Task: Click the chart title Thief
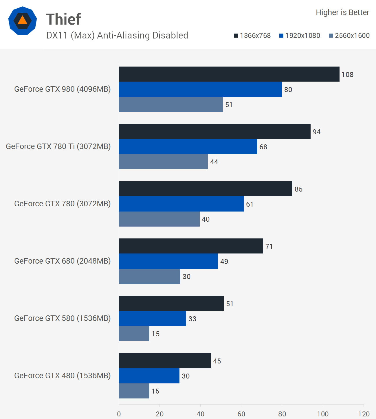tap(64, 19)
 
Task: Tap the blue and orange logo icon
tap(23, 21)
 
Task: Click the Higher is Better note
tap(342, 12)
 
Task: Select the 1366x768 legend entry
tap(252, 36)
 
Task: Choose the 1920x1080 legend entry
tap(300, 36)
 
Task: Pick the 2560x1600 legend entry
tap(349, 36)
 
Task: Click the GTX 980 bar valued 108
tap(229, 74)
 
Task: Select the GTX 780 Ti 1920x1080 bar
tap(188, 146)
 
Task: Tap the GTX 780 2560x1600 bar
tap(159, 219)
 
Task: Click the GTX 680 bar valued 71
tap(191, 246)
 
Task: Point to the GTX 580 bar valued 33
tap(152, 318)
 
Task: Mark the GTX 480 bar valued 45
tap(165, 361)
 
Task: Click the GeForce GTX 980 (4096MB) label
tap(63, 89)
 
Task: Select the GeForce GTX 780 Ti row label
tap(58, 146)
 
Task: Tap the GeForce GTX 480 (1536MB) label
tap(63, 376)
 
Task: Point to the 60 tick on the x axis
tap(241, 414)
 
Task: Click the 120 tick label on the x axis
tap(364, 414)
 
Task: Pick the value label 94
tap(316, 132)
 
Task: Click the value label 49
tap(224, 262)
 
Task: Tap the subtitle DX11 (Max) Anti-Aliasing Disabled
tap(117, 35)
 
